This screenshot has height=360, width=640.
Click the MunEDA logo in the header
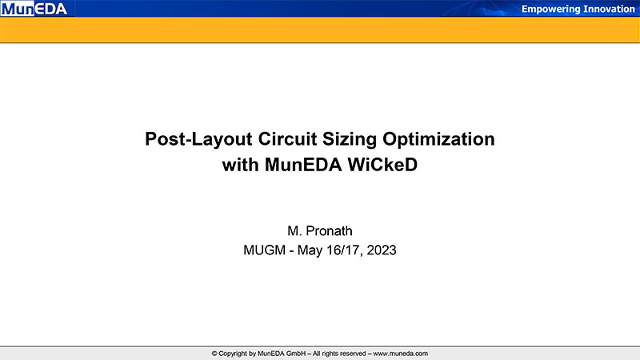(x=34, y=9)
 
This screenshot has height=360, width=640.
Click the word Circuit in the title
(x=287, y=138)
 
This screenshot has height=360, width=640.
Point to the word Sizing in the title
(x=350, y=139)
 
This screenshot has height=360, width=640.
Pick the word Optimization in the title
(x=438, y=139)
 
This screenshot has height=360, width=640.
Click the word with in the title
(x=241, y=165)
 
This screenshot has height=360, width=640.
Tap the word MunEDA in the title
(x=303, y=165)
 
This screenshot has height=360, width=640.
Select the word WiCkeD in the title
(x=382, y=165)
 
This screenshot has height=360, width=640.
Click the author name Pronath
(x=329, y=231)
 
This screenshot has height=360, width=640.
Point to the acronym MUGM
(x=265, y=250)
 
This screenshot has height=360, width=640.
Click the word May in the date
(x=310, y=250)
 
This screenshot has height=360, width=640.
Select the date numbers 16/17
(x=345, y=250)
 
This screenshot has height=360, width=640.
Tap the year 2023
(x=382, y=250)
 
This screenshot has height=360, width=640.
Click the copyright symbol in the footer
(x=214, y=354)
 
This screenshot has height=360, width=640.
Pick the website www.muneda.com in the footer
(x=401, y=354)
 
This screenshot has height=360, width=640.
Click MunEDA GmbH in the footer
(x=282, y=354)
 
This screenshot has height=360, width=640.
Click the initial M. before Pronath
(x=294, y=231)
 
